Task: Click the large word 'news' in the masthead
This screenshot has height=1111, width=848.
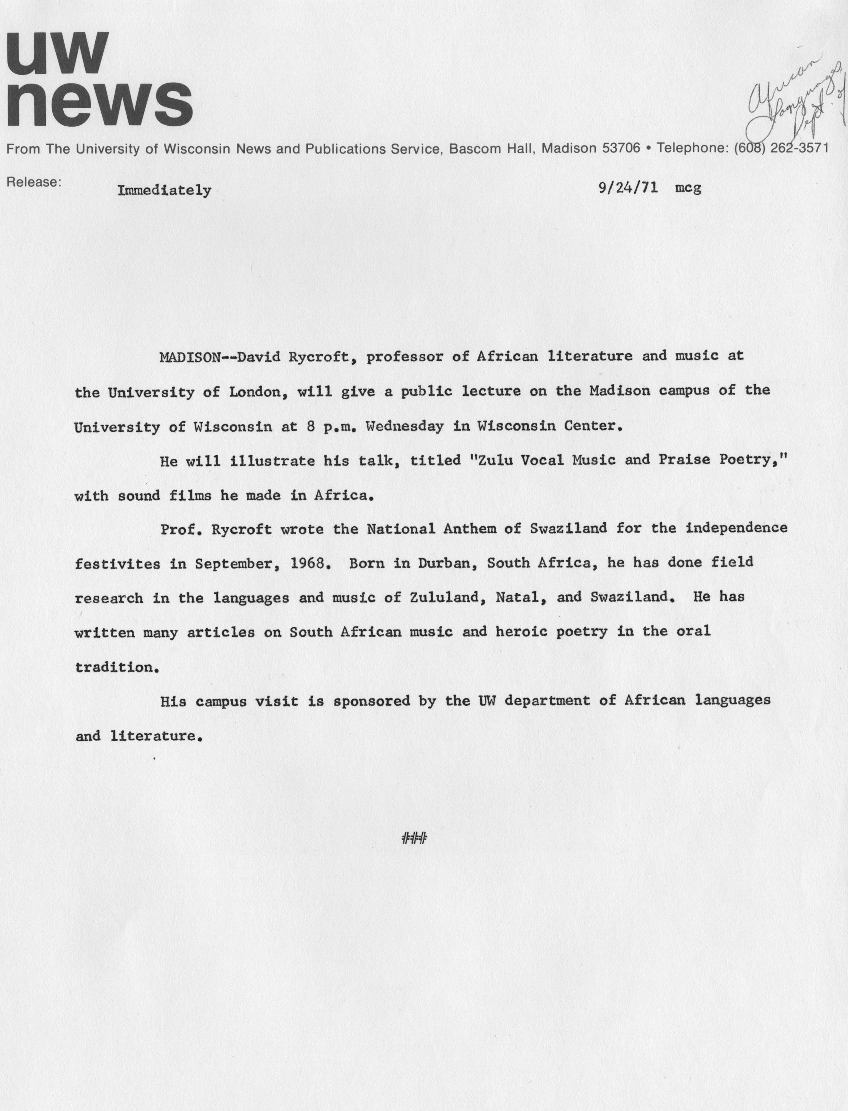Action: pos(99,104)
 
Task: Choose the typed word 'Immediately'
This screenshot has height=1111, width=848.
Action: pos(164,191)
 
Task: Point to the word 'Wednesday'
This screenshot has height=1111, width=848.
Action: pos(404,426)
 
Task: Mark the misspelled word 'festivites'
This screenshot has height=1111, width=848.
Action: pos(118,564)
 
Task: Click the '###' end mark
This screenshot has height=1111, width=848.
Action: pos(414,839)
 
